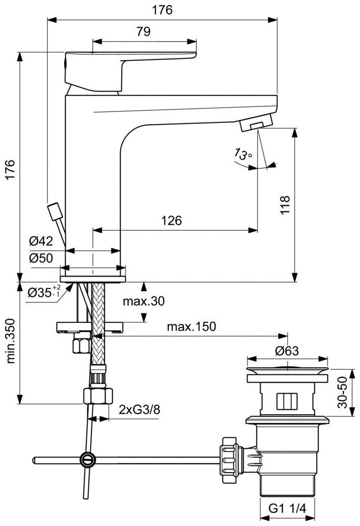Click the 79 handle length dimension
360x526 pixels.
tap(143, 32)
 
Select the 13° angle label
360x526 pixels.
tap(243, 154)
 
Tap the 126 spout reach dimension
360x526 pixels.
tap(171, 220)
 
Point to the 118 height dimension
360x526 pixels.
tap(284, 205)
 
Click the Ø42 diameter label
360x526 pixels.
tap(41, 241)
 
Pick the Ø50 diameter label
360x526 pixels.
tap(41, 258)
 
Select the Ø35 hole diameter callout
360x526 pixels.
tap(44, 292)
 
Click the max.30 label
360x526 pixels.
tap(144, 301)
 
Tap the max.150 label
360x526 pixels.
tap(192, 326)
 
